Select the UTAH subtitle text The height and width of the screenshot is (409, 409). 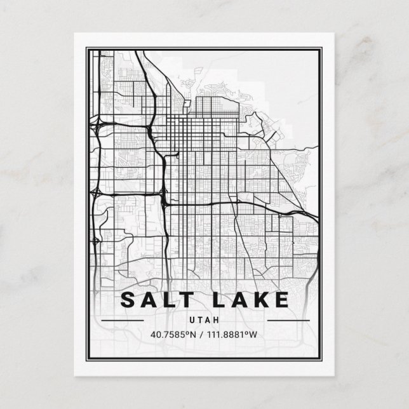tap(204, 320)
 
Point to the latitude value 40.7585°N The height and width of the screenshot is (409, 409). tap(175, 335)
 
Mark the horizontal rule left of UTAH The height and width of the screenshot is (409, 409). tap(123, 320)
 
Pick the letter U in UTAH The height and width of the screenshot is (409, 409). tap(192, 320)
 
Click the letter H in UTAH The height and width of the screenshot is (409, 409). tap(217, 320)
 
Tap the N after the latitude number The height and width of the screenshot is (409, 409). tap(196, 335)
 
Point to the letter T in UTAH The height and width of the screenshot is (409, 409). tap(200, 320)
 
